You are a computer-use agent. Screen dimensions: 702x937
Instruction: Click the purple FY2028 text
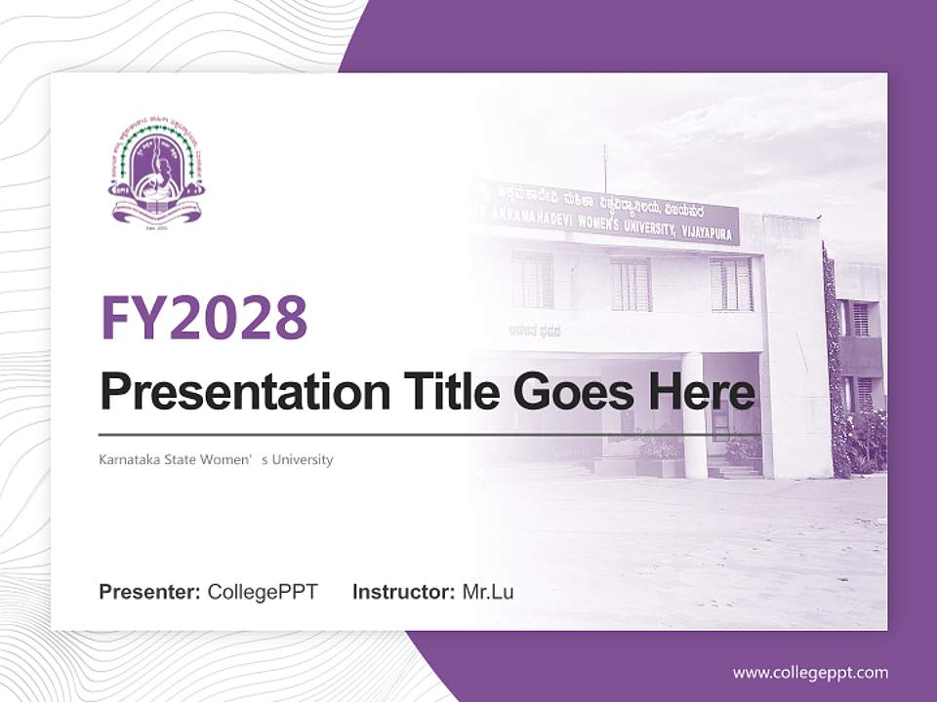204,317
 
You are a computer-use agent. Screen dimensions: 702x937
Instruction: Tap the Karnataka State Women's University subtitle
216,459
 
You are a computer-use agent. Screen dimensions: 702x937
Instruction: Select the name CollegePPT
263,592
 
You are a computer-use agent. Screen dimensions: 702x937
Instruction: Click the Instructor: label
403,592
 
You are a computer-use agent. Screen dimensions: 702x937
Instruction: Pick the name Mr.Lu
488,592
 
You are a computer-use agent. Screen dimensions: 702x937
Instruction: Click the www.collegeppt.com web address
810,672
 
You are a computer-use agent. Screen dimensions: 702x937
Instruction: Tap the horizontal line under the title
429,434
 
